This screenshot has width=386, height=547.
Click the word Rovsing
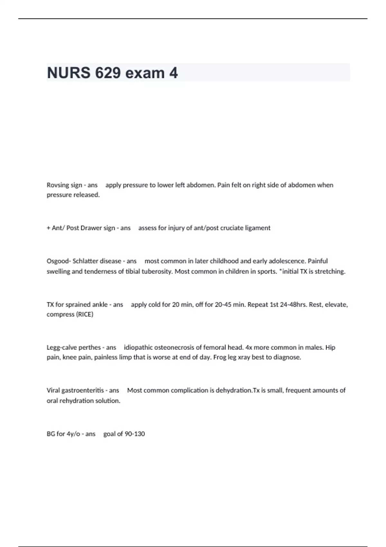point(58,185)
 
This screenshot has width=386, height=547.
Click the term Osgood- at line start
point(59,261)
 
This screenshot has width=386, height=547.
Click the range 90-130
point(134,434)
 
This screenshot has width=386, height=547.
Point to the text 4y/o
point(73,434)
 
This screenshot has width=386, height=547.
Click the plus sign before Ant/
point(49,228)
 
